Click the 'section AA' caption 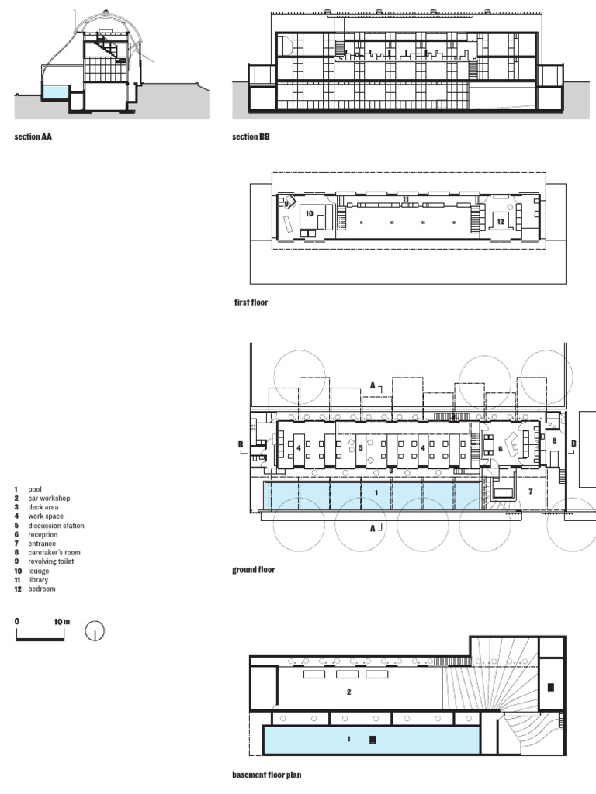33,136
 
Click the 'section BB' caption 251,136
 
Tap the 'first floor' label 251,302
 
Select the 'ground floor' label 254,570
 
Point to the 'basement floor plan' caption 267,775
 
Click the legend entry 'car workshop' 49,499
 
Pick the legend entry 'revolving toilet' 50,561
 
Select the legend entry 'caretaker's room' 54,552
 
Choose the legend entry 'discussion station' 56,526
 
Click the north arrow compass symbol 94,631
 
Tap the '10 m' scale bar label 62,622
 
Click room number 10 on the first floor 309,214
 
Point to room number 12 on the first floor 501,221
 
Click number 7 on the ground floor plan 531,491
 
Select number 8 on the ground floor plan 554,440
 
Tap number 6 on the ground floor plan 501,449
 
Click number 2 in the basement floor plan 348,692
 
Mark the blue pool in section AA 56,92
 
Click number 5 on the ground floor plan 360,448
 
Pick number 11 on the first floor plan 405,199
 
